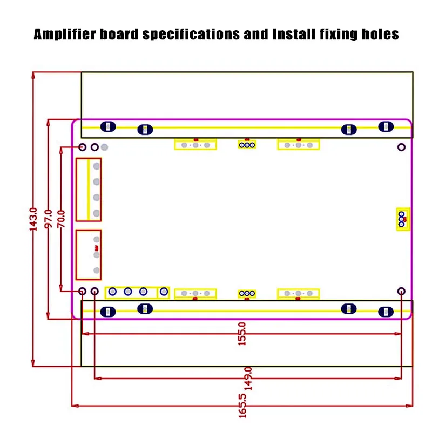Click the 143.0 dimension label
(33, 219)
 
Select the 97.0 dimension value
(48, 219)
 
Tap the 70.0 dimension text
(61, 219)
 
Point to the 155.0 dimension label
(241, 334)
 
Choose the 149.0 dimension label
(248, 379)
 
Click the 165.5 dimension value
(242, 406)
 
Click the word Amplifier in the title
(65, 35)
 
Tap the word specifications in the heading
(191, 35)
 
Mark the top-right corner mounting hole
(401, 147)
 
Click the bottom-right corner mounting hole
(401, 291)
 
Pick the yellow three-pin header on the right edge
(403, 219)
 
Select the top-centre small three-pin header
(247, 145)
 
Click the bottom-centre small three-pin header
(247, 294)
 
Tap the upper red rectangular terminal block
(89, 190)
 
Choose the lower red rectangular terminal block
(89, 255)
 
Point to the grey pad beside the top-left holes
(104, 147)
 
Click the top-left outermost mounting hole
(83, 147)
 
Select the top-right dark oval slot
(386, 127)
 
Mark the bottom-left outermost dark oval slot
(108, 312)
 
